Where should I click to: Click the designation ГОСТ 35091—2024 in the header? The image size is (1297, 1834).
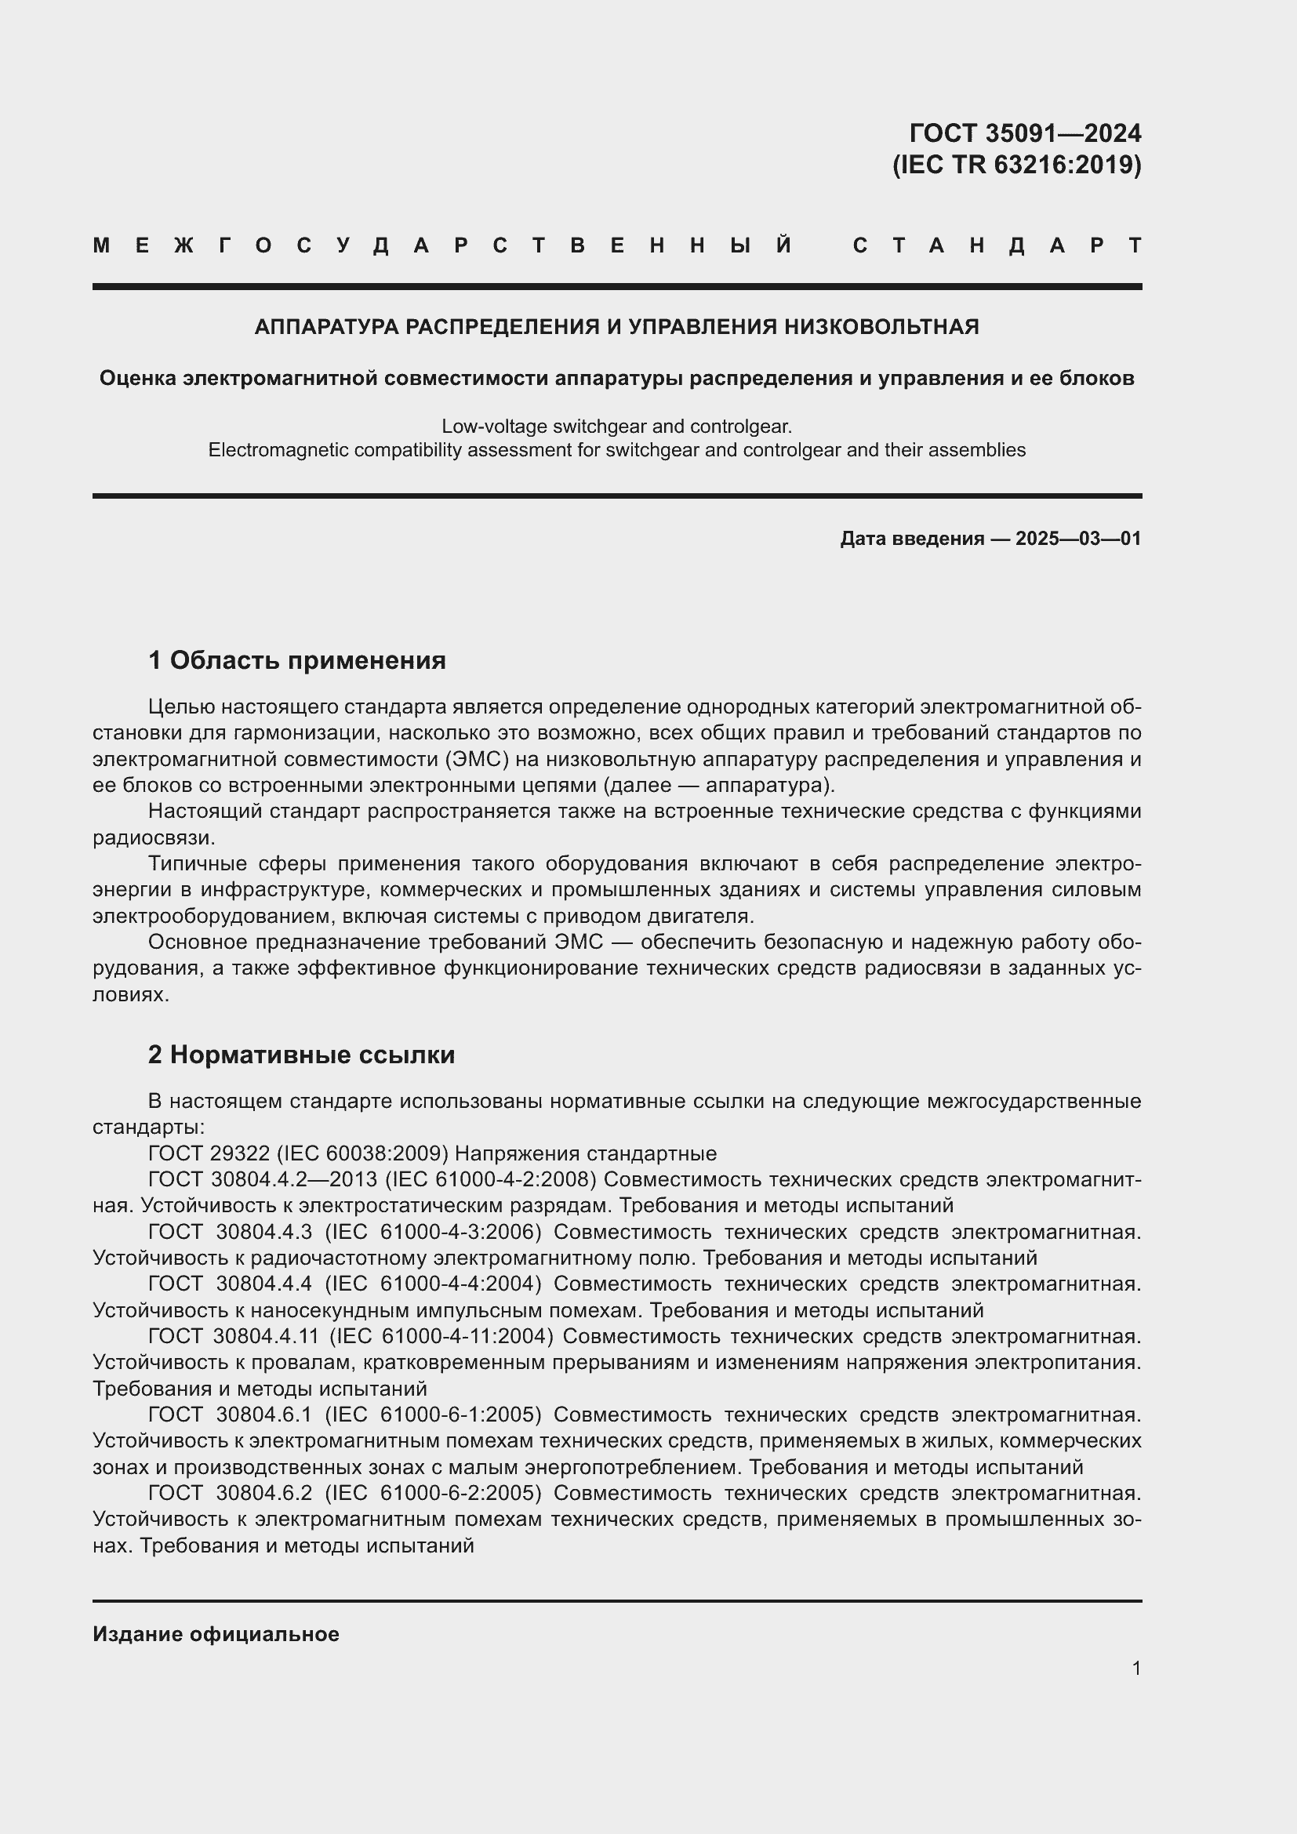click(x=1025, y=132)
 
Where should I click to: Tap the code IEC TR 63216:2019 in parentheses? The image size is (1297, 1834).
click(x=1017, y=165)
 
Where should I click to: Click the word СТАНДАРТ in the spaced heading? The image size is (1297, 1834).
click(x=997, y=245)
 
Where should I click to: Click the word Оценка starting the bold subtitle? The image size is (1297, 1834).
click(x=138, y=378)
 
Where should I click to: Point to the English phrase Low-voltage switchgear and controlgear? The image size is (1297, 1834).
click(x=616, y=427)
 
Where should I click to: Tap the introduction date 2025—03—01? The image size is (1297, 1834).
click(x=1078, y=539)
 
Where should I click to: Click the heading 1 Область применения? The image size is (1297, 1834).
click(x=296, y=660)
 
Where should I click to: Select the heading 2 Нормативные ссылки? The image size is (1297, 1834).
click(x=301, y=1055)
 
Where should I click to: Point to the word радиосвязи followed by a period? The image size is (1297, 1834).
click(x=154, y=838)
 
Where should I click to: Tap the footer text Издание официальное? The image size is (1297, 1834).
click(x=216, y=1634)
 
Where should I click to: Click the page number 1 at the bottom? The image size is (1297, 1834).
click(x=1135, y=1669)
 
